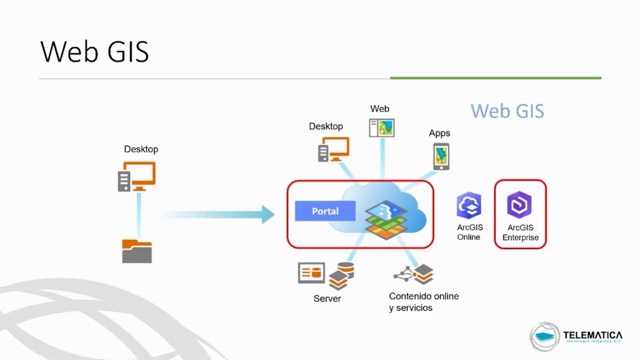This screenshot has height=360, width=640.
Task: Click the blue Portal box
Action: coord(325,211)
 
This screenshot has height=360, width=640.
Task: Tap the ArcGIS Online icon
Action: coord(468,205)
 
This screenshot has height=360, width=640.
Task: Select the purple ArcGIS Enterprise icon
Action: coord(519,204)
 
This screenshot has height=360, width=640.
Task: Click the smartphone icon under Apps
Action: coord(441,156)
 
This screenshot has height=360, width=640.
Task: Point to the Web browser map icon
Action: coord(381,128)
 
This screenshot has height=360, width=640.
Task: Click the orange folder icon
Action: coord(136,251)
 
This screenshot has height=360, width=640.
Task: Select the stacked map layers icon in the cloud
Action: coord(386,219)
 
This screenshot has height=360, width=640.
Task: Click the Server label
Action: coord(327,298)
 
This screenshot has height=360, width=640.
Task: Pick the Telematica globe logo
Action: coord(544,336)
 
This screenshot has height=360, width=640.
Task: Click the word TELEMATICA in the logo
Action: coord(592,334)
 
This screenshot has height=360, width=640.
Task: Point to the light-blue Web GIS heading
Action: coord(507,111)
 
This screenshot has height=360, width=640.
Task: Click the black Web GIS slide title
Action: coord(94,51)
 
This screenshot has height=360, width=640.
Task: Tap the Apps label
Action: coord(439,133)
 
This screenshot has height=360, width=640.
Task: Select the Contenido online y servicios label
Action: coord(423,302)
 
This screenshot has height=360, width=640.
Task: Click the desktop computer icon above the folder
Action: coord(136,176)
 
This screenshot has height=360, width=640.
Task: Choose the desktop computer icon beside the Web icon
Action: coord(333,149)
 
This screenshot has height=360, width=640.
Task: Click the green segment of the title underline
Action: coord(495,78)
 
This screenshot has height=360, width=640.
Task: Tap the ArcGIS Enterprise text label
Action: coord(520,232)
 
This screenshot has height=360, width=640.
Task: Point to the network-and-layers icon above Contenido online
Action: coord(413,274)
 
